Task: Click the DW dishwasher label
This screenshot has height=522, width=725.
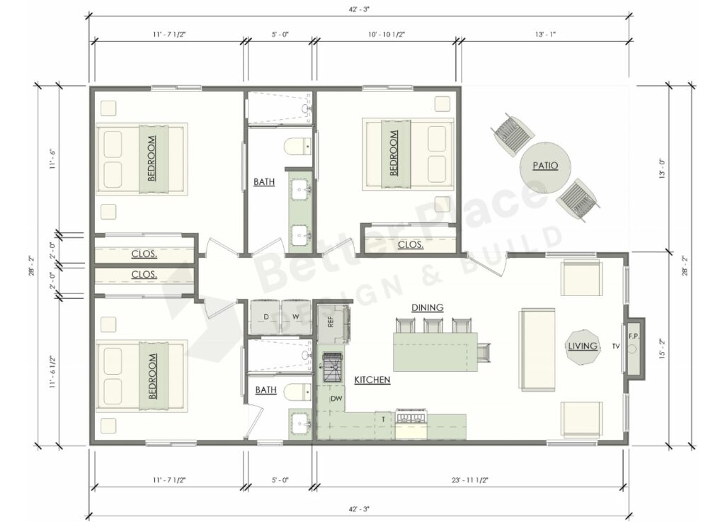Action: [336, 399]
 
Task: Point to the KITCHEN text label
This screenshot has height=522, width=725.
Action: [372, 380]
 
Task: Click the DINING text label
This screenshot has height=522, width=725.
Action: [427, 307]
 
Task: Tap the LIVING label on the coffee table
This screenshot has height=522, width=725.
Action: [583, 346]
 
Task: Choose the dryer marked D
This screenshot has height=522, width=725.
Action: [266, 317]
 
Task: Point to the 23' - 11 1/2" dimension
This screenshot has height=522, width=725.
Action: [469, 481]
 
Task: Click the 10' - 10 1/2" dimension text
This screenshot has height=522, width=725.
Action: [387, 34]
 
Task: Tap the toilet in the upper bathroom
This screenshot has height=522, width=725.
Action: [297, 147]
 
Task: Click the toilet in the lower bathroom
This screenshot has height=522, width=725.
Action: [297, 391]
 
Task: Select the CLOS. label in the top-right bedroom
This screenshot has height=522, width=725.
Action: [411, 245]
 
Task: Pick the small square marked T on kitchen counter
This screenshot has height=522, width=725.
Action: [382, 419]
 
